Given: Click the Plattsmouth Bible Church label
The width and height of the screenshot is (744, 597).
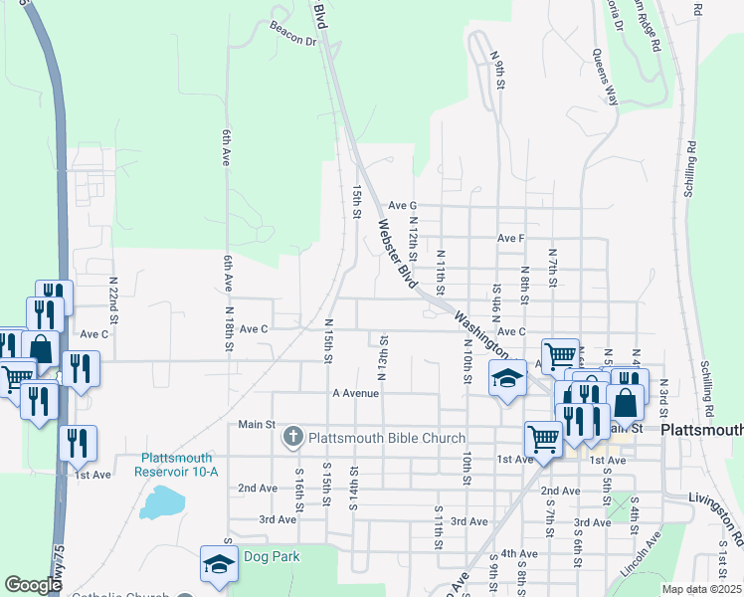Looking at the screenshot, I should [387, 438].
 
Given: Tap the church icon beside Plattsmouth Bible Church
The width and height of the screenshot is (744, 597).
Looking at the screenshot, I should [293, 437].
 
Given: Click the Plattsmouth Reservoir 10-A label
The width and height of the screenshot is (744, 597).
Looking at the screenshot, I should [179, 465].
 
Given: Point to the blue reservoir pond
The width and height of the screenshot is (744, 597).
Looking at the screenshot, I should [161, 502].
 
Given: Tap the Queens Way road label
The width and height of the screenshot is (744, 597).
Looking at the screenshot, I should [605, 76].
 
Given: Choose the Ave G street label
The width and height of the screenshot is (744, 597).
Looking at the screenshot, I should [402, 206].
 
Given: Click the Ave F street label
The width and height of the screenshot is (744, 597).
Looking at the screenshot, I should [510, 239].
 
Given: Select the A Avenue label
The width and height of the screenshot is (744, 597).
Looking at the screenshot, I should [356, 393].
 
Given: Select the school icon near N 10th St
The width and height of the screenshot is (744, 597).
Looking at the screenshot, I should [506, 378].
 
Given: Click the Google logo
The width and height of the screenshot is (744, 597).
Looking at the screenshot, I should [33, 585].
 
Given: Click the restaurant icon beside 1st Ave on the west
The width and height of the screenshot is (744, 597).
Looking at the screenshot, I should [77, 443].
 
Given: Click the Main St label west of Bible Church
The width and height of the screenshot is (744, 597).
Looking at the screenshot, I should [257, 425].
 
